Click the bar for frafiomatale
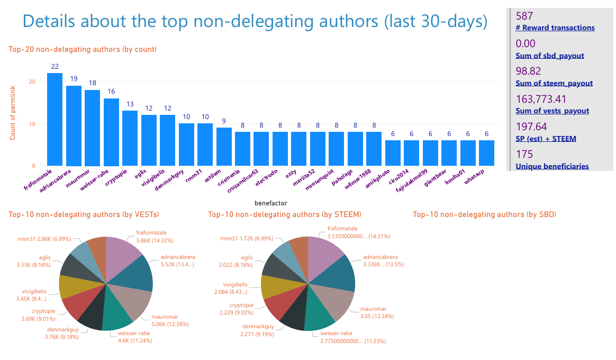click(x=55, y=120)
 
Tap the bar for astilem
click(x=224, y=147)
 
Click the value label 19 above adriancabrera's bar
click(x=74, y=78)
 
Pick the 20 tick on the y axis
click(x=32, y=82)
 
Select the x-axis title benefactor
click(x=270, y=203)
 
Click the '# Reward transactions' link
click(x=555, y=28)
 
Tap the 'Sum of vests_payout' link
click(x=552, y=111)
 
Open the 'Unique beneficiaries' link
click(x=552, y=166)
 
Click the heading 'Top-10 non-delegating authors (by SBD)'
click(x=484, y=214)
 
